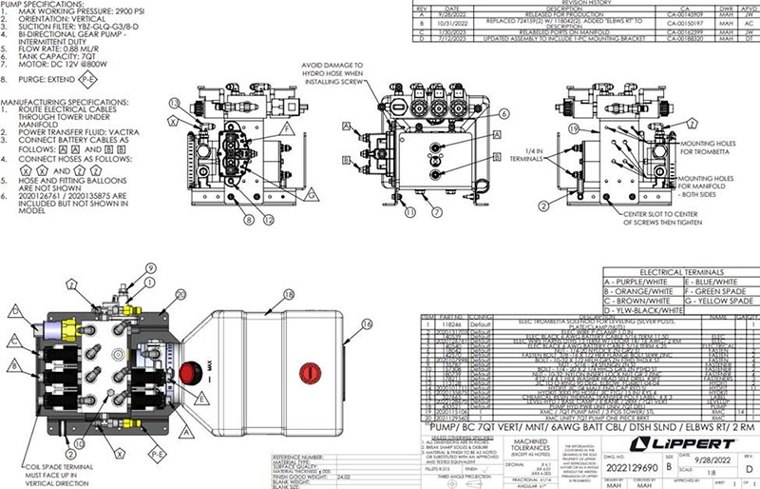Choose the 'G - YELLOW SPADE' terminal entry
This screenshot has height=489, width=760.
point(717,301)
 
